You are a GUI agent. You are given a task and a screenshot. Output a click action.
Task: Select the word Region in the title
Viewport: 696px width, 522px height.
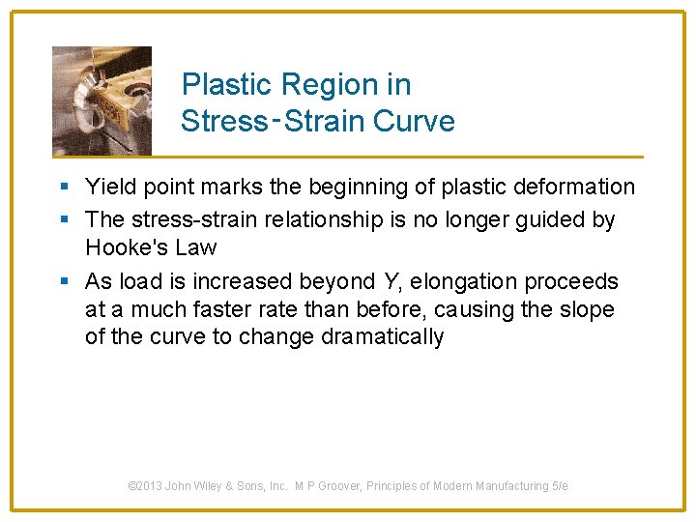click(317, 85)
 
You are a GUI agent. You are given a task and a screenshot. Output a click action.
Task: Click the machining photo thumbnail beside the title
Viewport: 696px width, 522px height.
click(101, 100)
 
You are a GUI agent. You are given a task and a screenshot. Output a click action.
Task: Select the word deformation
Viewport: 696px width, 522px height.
click(571, 187)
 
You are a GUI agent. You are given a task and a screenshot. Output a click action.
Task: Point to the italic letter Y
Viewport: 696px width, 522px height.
click(390, 282)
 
